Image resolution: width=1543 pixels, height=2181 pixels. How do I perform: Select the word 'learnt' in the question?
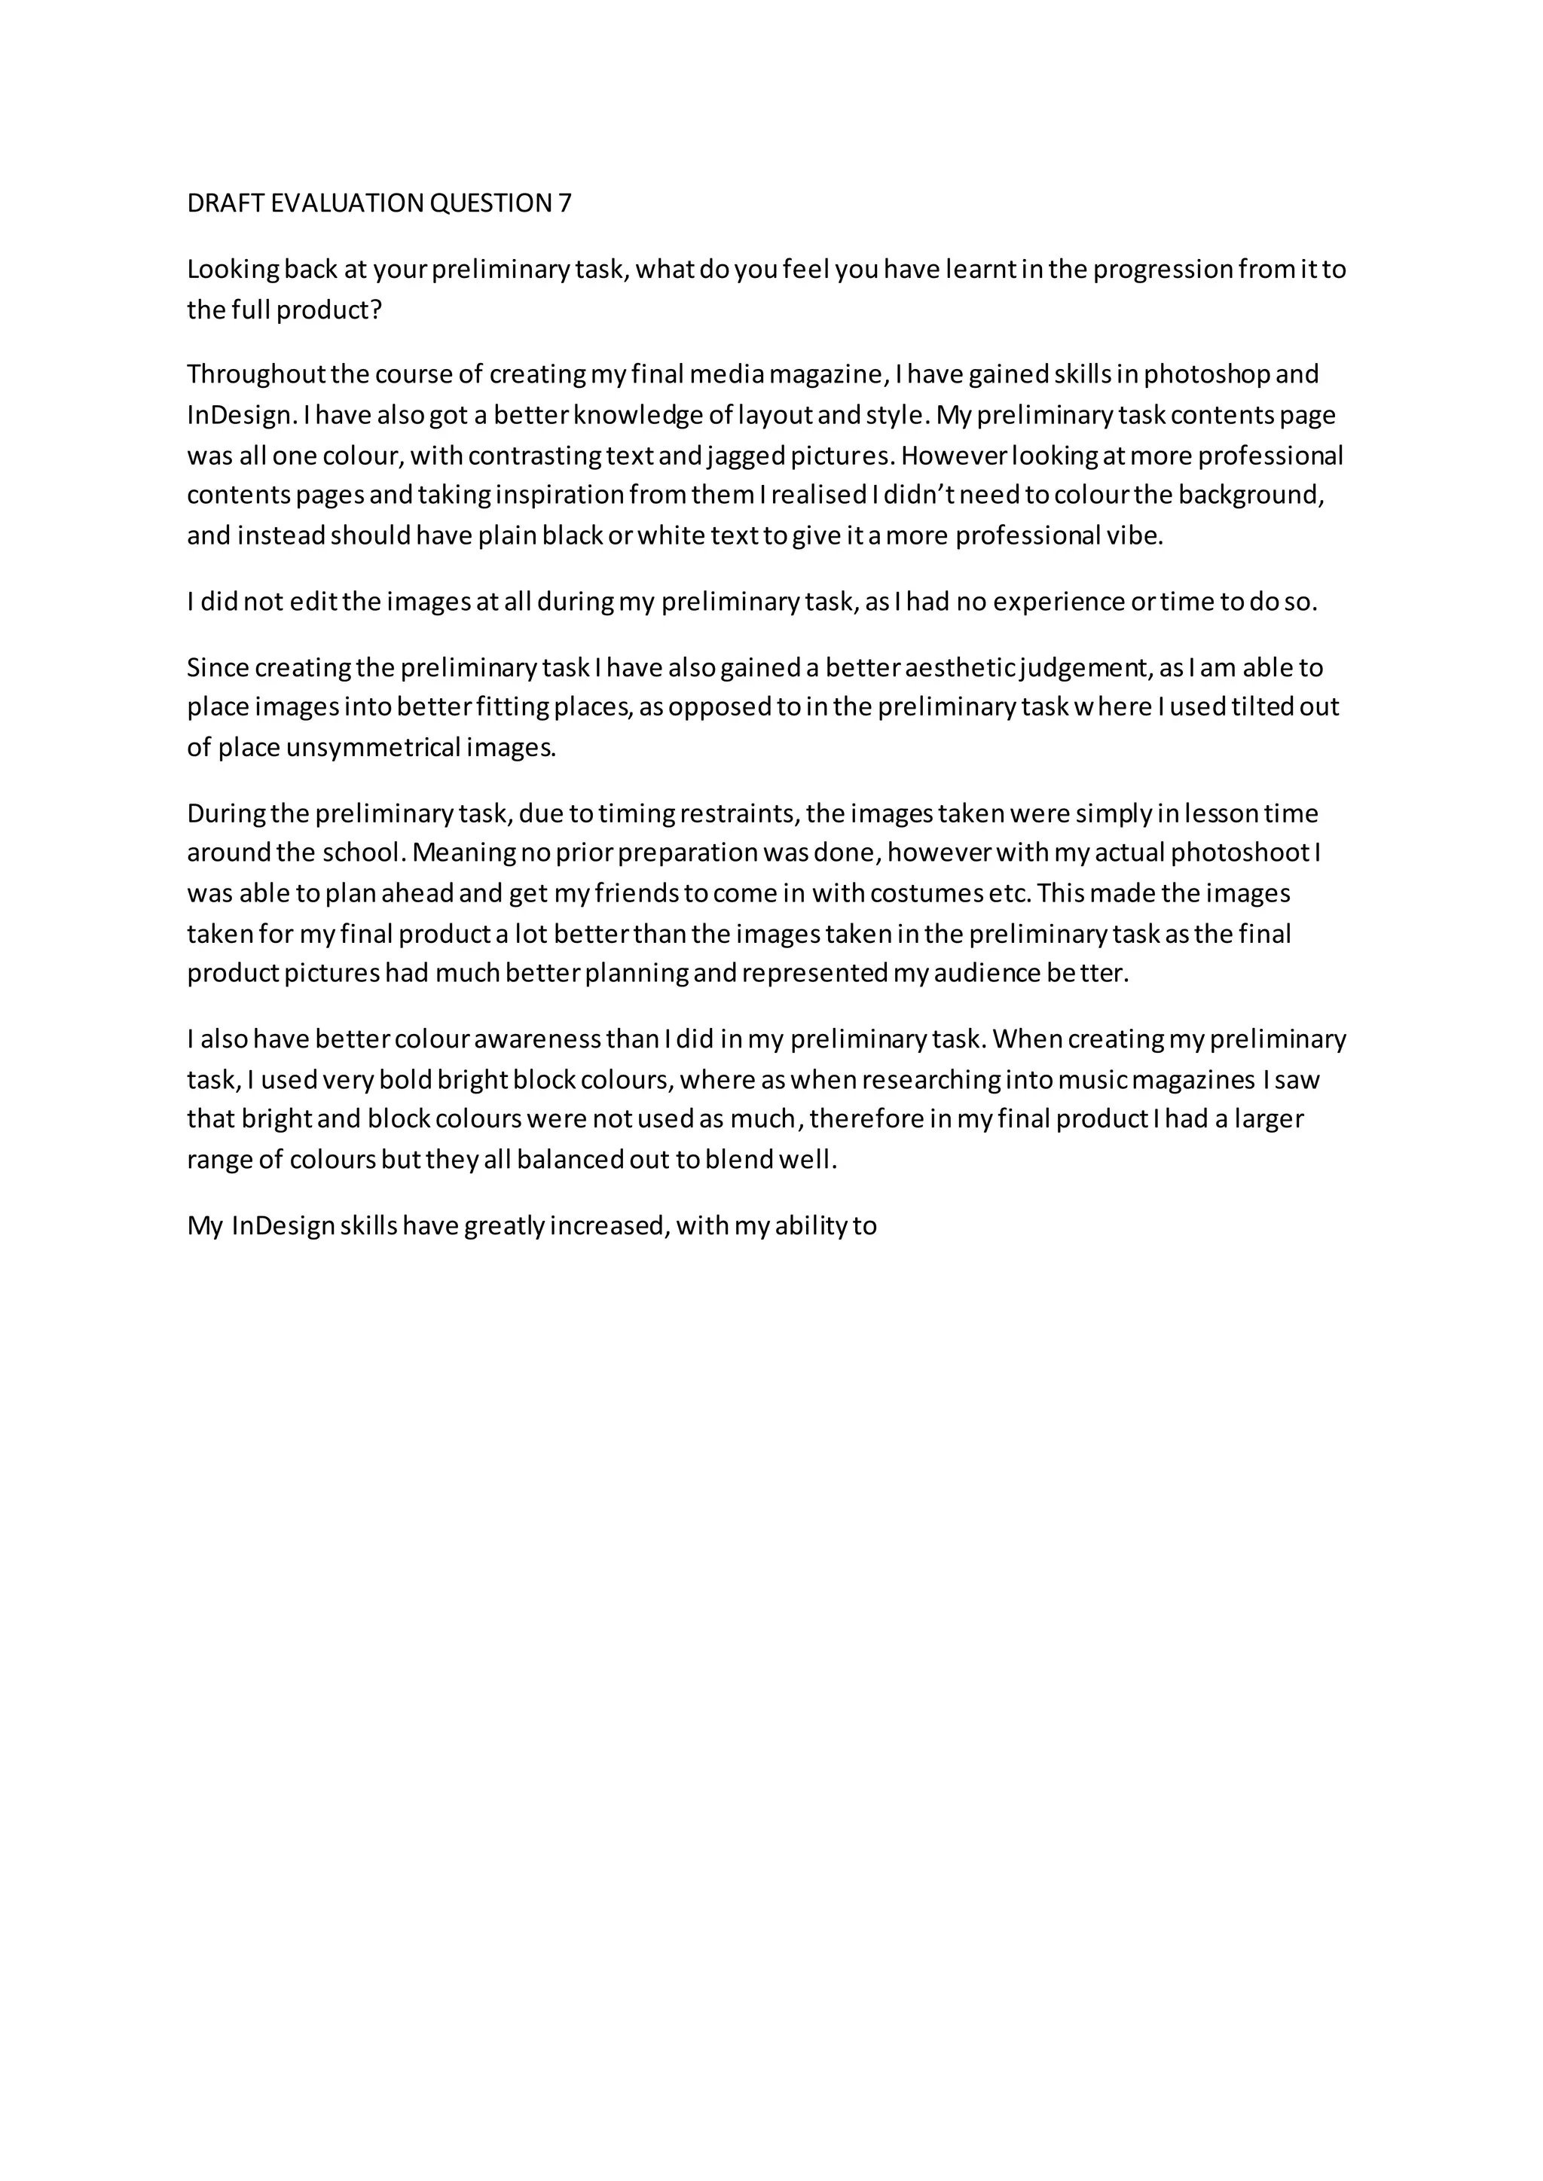point(984,270)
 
